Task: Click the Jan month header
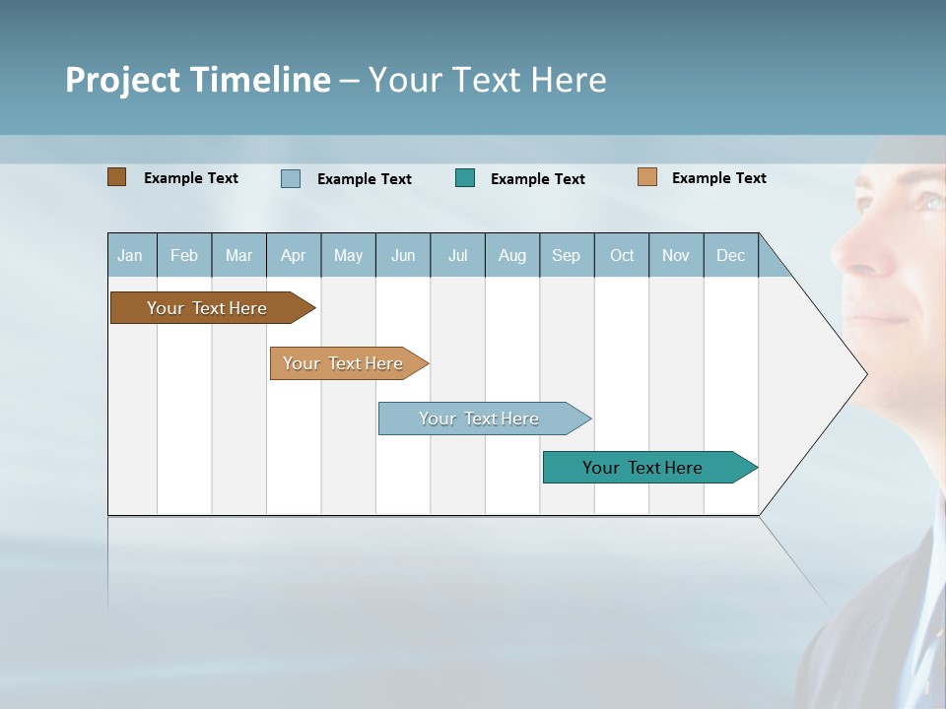click(x=131, y=255)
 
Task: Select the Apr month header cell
click(x=294, y=255)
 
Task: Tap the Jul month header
click(x=457, y=255)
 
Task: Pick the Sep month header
click(x=567, y=255)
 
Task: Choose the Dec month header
click(x=730, y=255)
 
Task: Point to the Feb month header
click(x=184, y=255)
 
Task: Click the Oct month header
click(x=622, y=255)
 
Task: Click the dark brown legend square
click(x=116, y=177)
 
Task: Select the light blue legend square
click(x=291, y=178)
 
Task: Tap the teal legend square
click(x=465, y=177)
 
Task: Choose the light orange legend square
click(x=646, y=177)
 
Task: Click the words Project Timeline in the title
click(x=198, y=80)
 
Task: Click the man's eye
click(x=928, y=203)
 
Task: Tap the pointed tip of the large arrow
click(x=865, y=374)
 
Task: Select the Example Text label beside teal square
click(x=538, y=179)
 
